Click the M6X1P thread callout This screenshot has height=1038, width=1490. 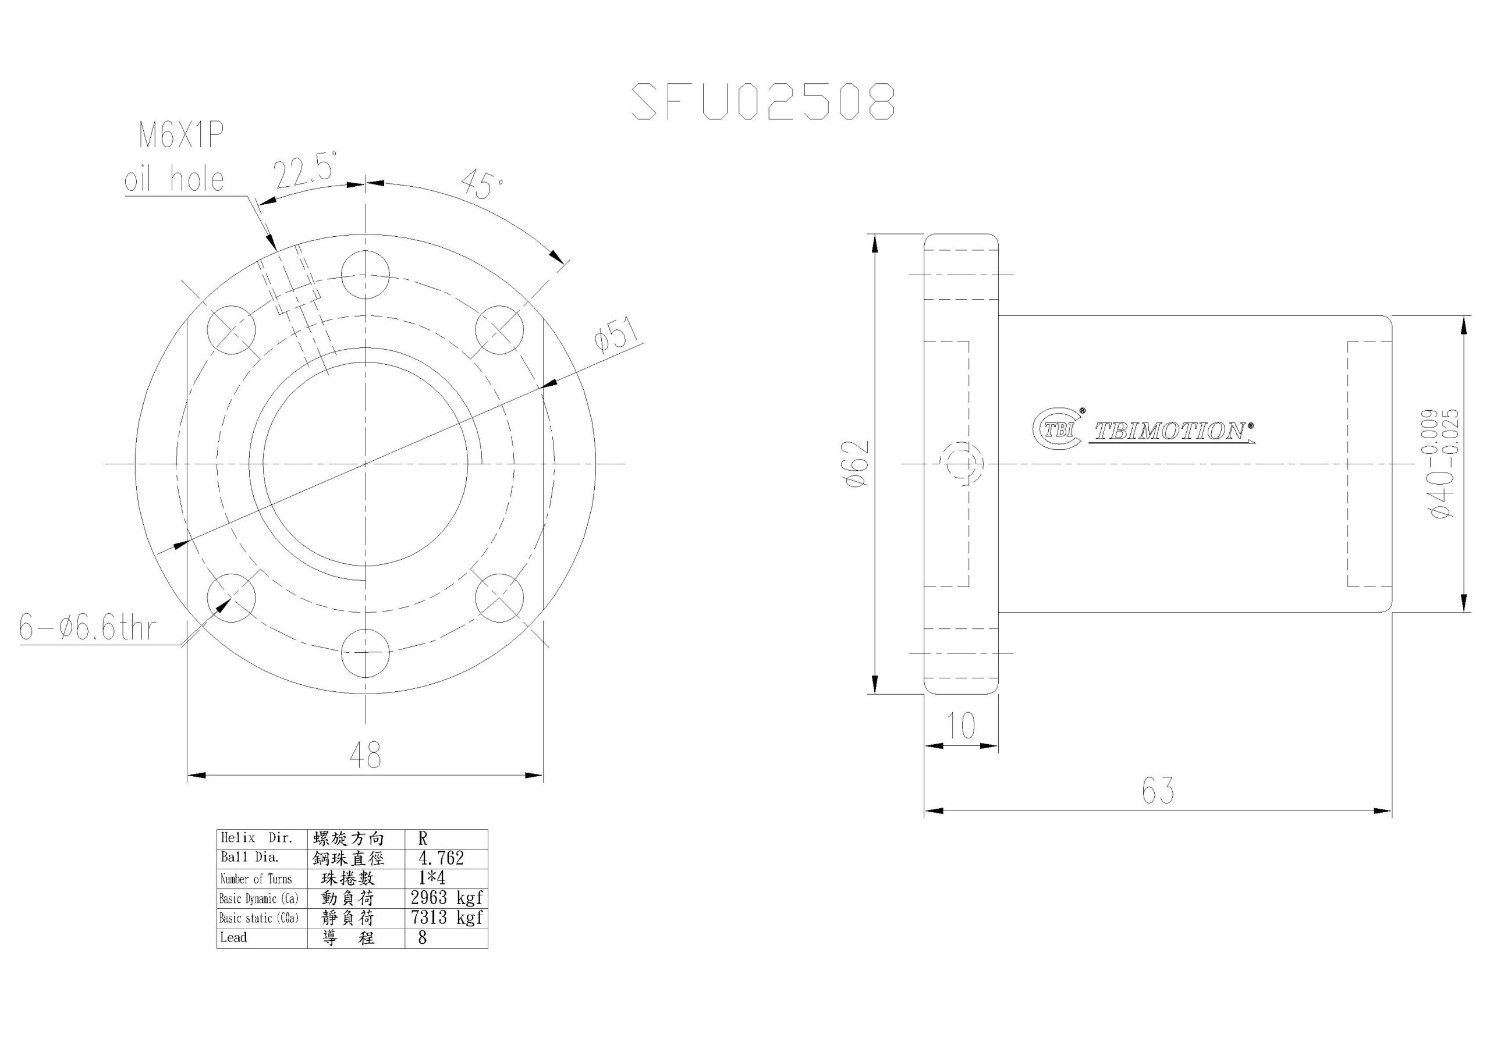pos(182,137)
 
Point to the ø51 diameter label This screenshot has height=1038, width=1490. pos(616,335)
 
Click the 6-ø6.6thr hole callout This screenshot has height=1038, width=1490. pos(88,628)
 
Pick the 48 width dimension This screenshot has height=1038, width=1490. pos(365,755)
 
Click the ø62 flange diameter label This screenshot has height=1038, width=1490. pos(858,463)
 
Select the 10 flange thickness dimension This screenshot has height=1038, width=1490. pos(960,726)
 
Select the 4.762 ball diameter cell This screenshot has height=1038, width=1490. pos(441,858)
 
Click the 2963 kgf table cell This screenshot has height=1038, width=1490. pos(446,898)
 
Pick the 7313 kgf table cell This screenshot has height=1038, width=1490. pos(446,918)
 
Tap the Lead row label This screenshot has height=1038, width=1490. pos(233,937)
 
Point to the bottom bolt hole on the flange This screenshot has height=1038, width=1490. pos(366,653)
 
